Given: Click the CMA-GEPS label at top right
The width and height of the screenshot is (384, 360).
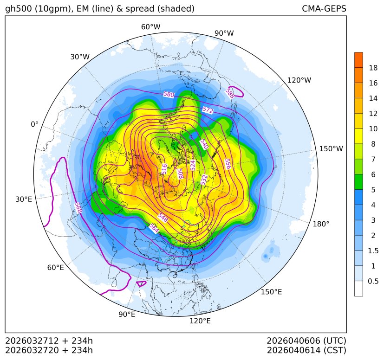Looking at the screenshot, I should (x=324, y=9).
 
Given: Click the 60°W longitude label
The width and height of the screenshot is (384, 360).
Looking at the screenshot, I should (x=150, y=27).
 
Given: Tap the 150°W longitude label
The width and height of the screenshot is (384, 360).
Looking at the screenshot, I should (x=331, y=149).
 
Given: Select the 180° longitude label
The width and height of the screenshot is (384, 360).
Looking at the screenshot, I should (x=321, y=224).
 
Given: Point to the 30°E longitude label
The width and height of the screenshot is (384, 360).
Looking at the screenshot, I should (x=24, y=199).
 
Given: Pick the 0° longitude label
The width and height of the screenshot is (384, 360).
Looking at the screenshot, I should (x=34, y=124).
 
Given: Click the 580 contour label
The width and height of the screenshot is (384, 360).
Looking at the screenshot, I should (x=169, y=95).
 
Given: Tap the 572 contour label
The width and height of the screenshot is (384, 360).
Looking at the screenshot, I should (x=208, y=110).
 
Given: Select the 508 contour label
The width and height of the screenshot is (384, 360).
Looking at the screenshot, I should (x=180, y=173).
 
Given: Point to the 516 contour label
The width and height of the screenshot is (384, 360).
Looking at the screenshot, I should (x=164, y=169).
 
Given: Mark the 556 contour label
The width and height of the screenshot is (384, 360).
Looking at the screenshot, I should (x=228, y=164).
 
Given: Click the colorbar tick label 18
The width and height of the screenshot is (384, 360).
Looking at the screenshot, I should (x=373, y=68).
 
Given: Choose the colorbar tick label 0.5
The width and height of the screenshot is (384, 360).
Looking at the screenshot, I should (x=373, y=281).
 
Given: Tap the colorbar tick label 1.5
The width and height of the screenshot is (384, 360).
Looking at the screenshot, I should (x=373, y=251).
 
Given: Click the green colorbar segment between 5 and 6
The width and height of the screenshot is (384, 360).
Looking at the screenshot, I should (x=358, y=181).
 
